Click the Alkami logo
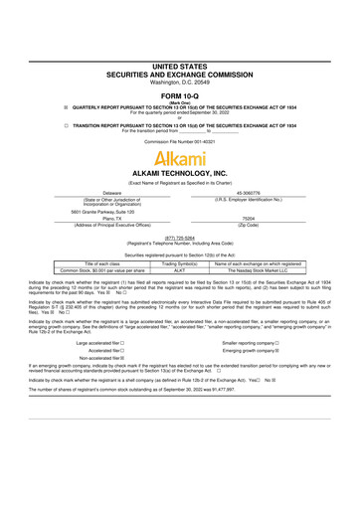(179, 157)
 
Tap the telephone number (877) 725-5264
(179, 239)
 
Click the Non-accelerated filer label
(112, 360)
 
